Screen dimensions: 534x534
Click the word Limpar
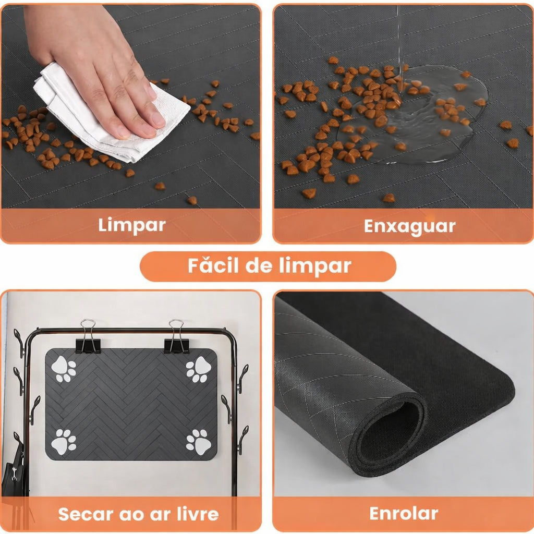point(131,225)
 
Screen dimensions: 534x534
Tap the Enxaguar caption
point(409,226)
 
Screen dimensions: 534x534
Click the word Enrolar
point(404,513)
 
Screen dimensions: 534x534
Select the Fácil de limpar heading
point(269,266)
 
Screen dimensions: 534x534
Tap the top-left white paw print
point(64,369)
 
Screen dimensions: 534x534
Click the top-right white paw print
point(199,369)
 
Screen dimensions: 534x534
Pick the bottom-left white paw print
point(64,441)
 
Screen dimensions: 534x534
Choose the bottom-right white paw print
point(199,441)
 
